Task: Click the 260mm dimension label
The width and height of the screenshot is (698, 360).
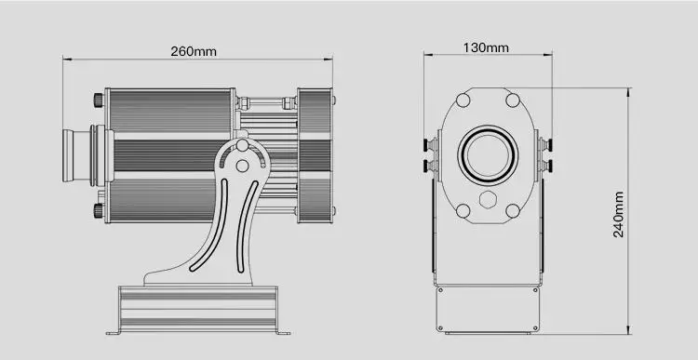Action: point(194,51)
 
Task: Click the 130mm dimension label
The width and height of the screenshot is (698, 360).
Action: point(486,47)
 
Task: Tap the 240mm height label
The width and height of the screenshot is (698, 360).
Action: point(618,215)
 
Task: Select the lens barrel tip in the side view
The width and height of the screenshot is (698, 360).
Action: point(68,155)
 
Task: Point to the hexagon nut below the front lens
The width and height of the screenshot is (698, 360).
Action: point(488,200)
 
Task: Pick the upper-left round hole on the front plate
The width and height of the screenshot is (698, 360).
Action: point(463,100)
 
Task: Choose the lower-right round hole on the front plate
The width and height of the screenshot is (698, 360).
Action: point(513,211)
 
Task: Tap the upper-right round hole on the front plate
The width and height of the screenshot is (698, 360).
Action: point(513,100)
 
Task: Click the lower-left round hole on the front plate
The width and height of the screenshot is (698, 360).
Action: point(463,211)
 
